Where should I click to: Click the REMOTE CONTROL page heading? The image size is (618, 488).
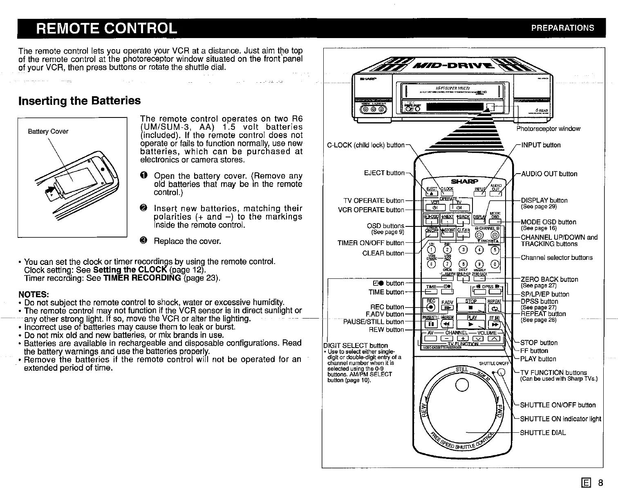pos(107,28)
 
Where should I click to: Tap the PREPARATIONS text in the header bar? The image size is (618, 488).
pos(562,28)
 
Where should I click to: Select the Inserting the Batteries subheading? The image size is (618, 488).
pos(80,101)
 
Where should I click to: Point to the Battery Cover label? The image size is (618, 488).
pos(48,131)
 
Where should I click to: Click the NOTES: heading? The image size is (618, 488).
pos(34,294)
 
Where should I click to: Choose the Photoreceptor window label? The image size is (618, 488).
pos(548,129)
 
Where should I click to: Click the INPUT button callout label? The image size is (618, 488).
pos(541,145)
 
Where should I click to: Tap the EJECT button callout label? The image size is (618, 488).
pos(384,173)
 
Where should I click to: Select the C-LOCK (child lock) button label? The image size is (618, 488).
pos(366,145)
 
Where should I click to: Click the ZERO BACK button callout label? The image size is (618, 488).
pos(549,280)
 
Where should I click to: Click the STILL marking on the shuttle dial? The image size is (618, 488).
pos(461,370)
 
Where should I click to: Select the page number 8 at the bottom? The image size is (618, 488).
pos(600,483)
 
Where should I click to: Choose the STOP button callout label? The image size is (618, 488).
pos(539,343)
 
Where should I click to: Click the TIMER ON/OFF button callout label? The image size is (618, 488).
pos(370,243)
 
